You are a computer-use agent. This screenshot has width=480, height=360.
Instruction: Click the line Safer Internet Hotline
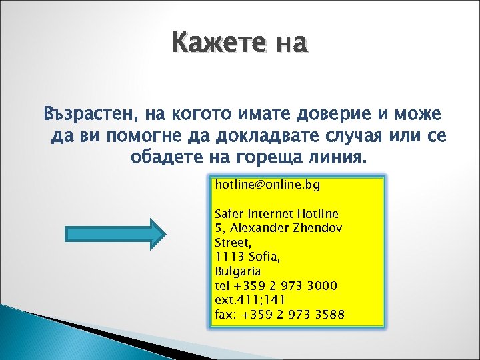point(276,215)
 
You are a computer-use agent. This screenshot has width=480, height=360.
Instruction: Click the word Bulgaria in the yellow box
point(237,271)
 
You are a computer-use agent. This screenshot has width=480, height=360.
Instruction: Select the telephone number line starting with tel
point(275,286)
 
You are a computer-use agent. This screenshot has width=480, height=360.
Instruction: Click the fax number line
point(279,314)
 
